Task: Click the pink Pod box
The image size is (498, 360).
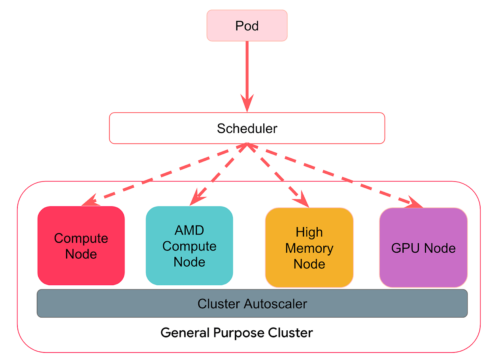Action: (x=247, y=26)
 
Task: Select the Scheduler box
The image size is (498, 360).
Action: (x=247, y=128)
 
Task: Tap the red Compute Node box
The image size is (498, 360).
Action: (x=81, y=246)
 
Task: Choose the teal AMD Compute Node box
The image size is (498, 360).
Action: (x=189, y=246)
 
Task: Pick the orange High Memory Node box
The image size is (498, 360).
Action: (x=309, y=248)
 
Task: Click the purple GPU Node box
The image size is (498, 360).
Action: (x=423, y=248)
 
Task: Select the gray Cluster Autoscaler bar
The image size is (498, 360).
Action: (x=252, y=303)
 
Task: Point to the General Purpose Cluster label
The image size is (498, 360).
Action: (x=236, y=332)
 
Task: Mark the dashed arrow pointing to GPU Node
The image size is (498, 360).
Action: (x=336, y=174)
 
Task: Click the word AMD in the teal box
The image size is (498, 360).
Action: (x=189, y=230)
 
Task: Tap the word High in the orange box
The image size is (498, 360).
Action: (x=309, y=232)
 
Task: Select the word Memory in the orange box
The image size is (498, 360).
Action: (x=309, y=248)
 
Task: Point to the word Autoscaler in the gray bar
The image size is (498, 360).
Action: (x=275, y=303)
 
